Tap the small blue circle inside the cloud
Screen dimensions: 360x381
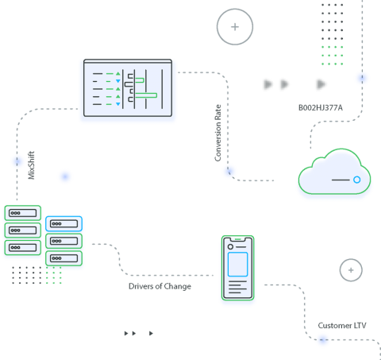tap(357, 180)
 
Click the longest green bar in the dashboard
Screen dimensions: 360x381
tap(146, 95)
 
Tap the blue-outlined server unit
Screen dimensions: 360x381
tap(63, 223)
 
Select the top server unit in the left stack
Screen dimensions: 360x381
tap(23, 212)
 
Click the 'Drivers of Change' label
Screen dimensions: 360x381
tap(160, 286)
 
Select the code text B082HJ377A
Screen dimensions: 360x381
tap(321, 107)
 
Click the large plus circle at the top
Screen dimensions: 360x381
tap(235, 27)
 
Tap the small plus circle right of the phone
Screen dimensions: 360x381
tap(350, 270)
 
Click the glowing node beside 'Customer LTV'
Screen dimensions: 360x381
tap(322, 339)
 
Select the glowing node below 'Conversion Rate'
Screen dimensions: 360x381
tap(229, 171)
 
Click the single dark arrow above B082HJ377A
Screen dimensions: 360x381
tap(321, 83)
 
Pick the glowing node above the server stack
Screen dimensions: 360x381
tap(17, 161)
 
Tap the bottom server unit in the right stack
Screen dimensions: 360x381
tap(63, 258)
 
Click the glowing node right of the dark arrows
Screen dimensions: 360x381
tap(362, 77)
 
